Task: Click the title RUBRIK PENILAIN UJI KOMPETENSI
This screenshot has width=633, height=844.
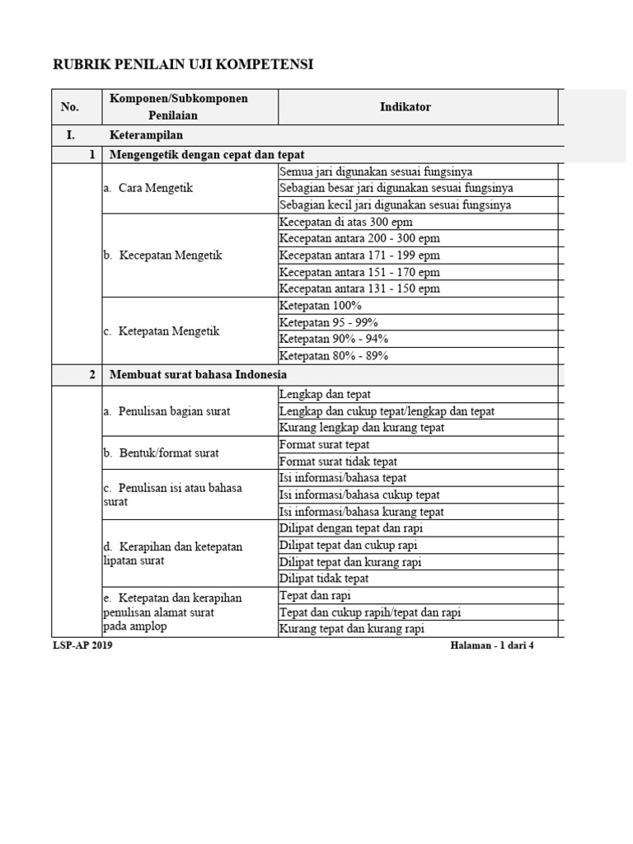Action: coord(183,64)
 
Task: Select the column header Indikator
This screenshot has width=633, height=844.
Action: coord(405,107)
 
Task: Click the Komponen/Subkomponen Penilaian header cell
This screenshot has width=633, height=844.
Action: coord(179,107)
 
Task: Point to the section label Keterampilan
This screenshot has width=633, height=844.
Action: coord(146,135)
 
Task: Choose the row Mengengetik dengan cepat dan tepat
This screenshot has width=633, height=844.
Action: coord(208,154)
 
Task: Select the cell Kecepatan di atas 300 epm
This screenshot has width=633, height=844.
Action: coord(346,222)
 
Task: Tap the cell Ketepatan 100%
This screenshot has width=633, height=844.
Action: coord(321,305)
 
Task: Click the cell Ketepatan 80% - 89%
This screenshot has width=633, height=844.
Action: coord(334,356)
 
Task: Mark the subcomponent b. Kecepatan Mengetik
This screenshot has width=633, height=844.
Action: coord(163,256)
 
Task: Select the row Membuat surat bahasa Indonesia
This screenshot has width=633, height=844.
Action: coord(199,374)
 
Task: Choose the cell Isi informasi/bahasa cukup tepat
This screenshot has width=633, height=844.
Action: coord(359,495)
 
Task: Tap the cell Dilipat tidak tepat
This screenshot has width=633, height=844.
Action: coord(324,579)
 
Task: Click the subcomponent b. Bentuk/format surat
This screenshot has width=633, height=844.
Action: coord(162,452)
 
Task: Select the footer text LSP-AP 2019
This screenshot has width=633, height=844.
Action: coord(82,645)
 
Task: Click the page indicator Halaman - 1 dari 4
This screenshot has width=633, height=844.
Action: coord(492,645)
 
